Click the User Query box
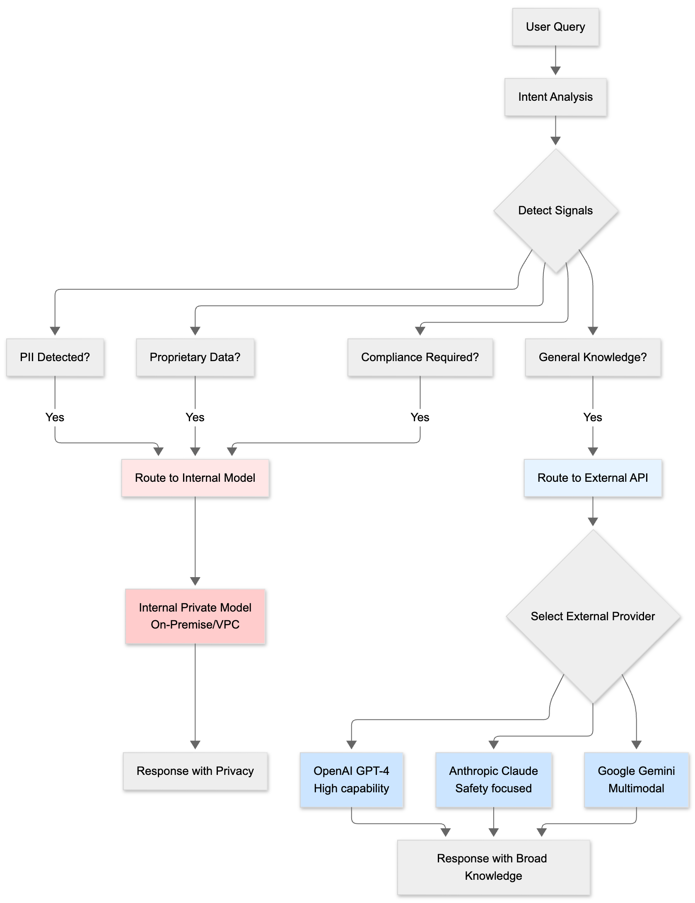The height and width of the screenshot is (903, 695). tap(555, 27)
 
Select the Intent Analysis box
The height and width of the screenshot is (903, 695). tap(555, 97)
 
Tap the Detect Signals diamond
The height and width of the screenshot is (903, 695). tap(555, 211)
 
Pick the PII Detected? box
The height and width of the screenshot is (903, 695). tap(55, 357)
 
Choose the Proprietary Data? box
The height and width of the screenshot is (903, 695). tap(195, 357)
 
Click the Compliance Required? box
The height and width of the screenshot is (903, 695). tap(420, 357)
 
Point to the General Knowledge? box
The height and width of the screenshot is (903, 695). tap(593, 357)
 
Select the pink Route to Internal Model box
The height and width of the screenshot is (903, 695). tap(195, 478)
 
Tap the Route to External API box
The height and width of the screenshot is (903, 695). tap(593, 478)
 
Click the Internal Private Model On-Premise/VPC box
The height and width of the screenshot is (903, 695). tap(195, 616)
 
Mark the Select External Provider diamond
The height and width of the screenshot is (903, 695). tap(593, 617)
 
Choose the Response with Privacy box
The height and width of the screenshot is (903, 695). tap(195, 771)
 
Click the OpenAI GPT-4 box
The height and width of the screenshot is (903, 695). tap(351, 780)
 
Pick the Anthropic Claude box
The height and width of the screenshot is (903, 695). tap(493, 780)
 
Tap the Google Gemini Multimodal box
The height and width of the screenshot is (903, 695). tap(636, 780)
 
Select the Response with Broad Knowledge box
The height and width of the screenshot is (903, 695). tap(493, 867)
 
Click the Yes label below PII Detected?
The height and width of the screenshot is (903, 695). tap(55, 418)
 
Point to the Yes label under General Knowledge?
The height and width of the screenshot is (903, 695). tap(593, 418)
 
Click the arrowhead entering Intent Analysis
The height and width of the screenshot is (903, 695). tap(555, 71)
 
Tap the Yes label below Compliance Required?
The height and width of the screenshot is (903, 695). tap(420, 418)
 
